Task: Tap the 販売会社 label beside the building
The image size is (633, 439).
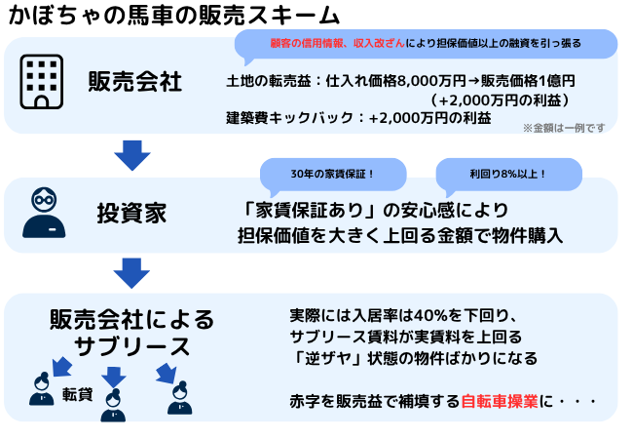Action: [x=135, y=80]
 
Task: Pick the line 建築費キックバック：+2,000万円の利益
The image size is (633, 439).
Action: [x=357, y=118]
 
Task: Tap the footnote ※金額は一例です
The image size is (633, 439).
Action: [x=564, y=128]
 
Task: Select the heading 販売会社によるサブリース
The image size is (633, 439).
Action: [x=130, y=332]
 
